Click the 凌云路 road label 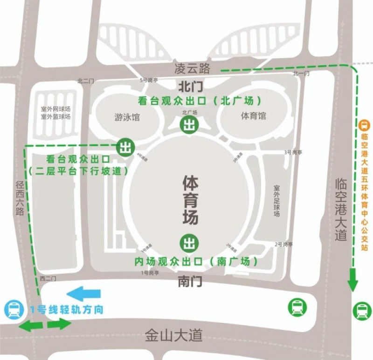point(192,69)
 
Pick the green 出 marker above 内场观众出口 point(189,242)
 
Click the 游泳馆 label point(127,117)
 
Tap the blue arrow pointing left point(83,293)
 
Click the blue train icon point(13,310)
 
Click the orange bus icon point(364,125)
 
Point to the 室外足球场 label point(276,201)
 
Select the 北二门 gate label point(86,81)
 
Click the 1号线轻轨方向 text point(66,309)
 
